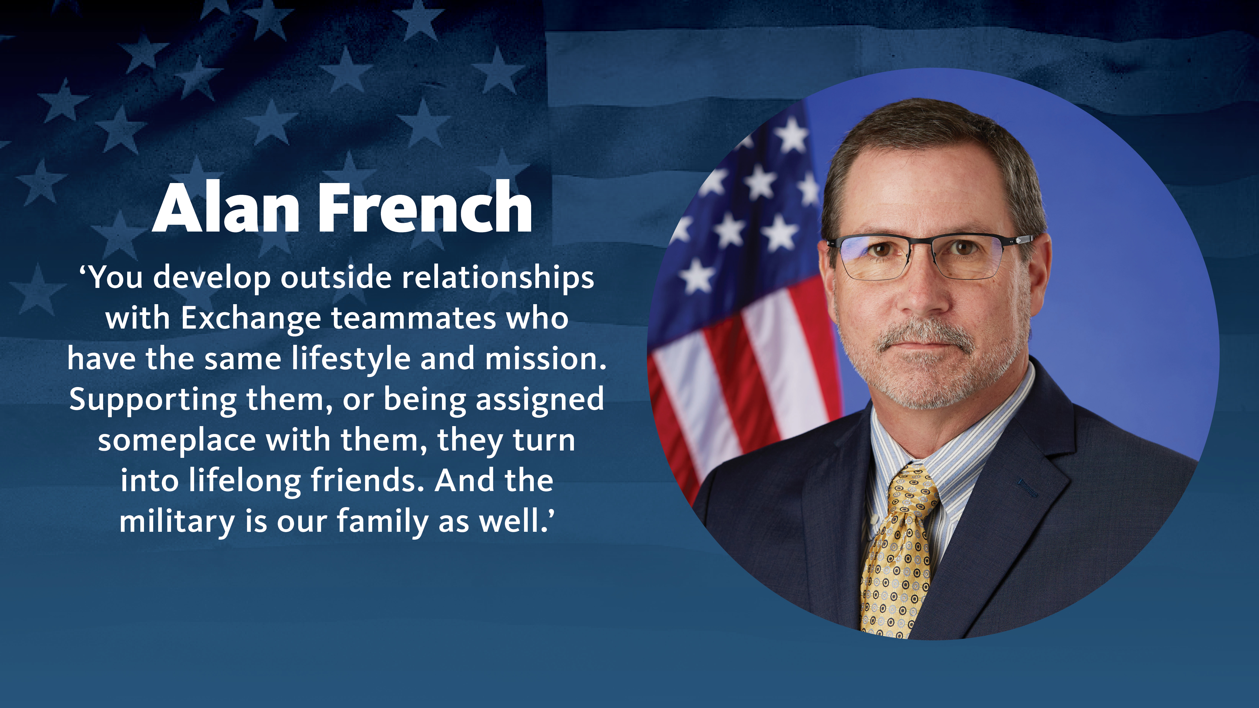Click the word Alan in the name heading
click(226, 208)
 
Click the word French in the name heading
click(425, 208)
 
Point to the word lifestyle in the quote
click(351, 359)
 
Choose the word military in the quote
click(177, 522)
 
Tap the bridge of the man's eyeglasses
click(923, 244)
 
